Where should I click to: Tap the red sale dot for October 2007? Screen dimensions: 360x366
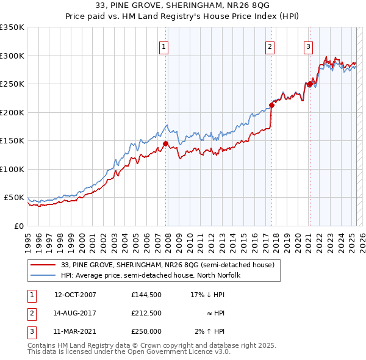165,144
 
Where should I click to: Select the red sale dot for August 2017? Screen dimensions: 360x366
271,105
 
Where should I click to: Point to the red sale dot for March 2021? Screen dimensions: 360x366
309,84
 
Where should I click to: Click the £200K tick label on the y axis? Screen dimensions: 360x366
12,112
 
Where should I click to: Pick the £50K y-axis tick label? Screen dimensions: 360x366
13,198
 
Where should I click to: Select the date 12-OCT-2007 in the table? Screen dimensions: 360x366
76,295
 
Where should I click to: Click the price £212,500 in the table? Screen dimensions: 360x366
146,313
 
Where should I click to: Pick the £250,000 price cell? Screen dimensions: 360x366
146,331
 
